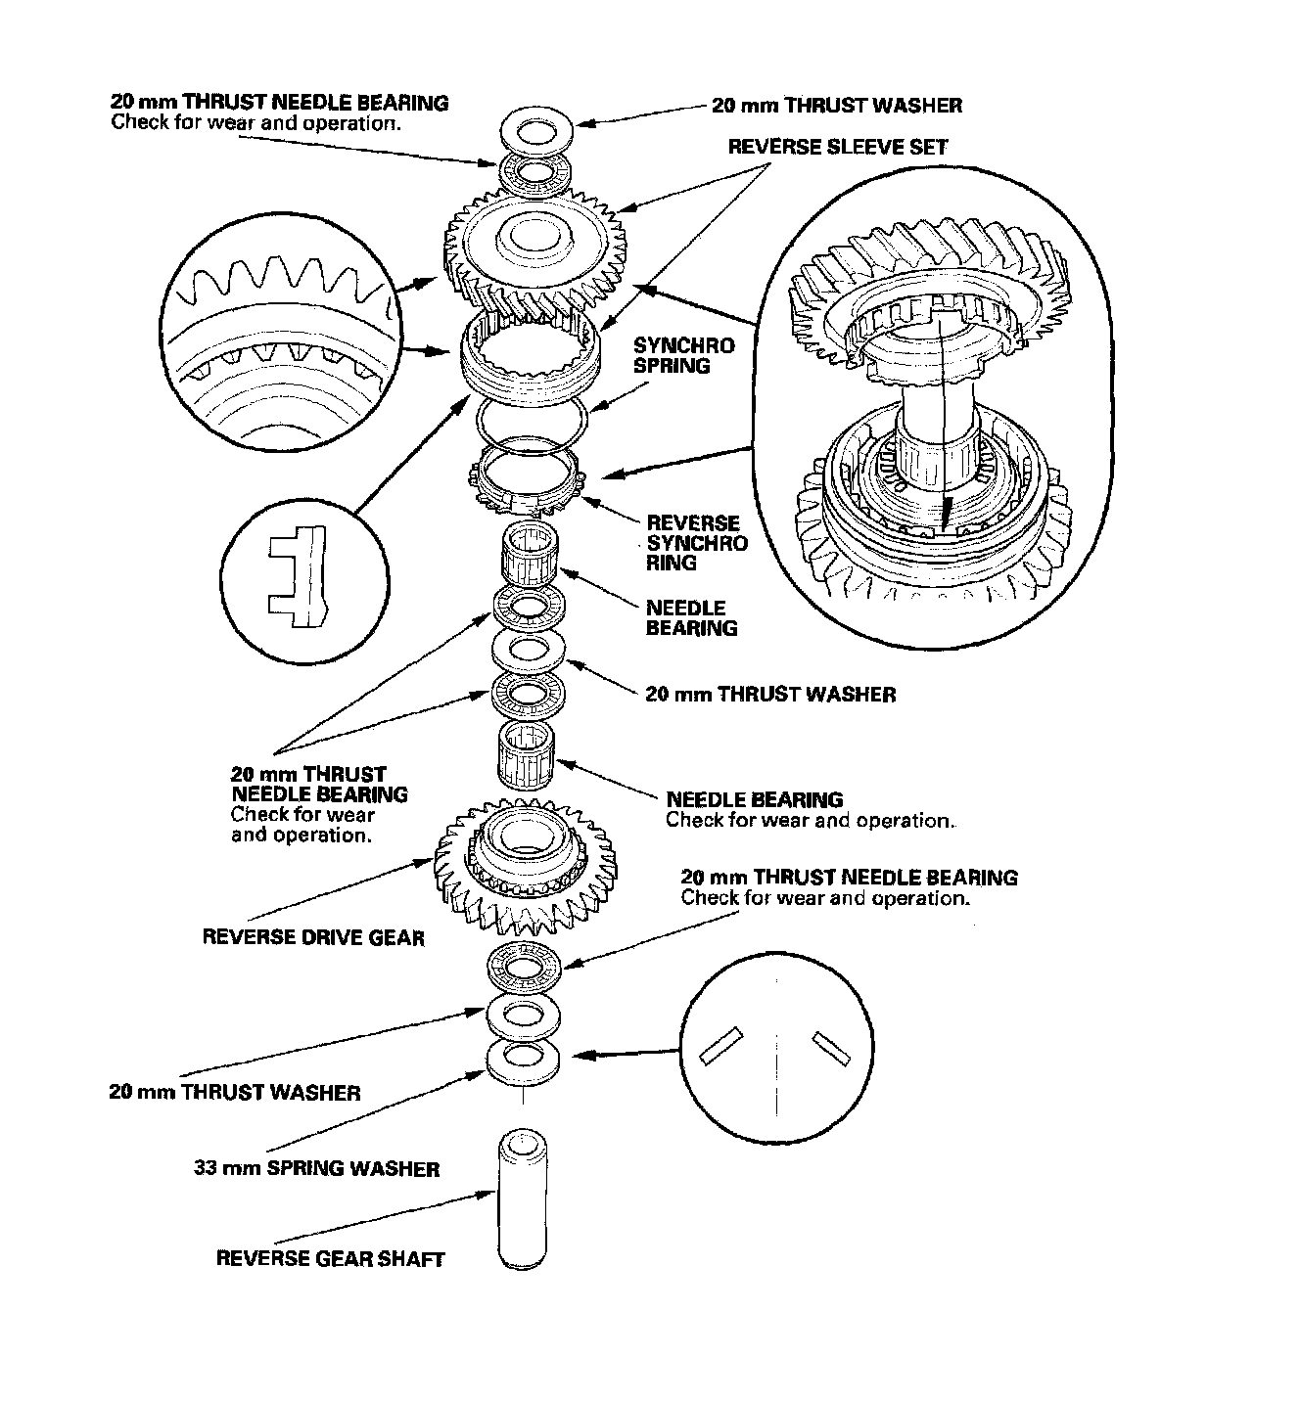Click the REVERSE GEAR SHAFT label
pyautogui.click(x=330, y=1258)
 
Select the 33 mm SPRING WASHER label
pyautogui.click(x=316, y=1168)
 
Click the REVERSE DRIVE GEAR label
pyautogui.click(x=313, y=937)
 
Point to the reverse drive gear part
pyautogui.click(x=526, y=866)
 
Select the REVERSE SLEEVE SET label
pyautogui.click(x=837, y=148)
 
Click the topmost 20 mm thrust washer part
pyautogui.click(x=534, y=131)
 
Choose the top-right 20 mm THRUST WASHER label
pyautogui.click(x=836, y=105)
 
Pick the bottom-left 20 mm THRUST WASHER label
pyautogui.click(x=235, y=1092)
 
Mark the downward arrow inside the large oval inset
pyautogui.click(x=946, y=509)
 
